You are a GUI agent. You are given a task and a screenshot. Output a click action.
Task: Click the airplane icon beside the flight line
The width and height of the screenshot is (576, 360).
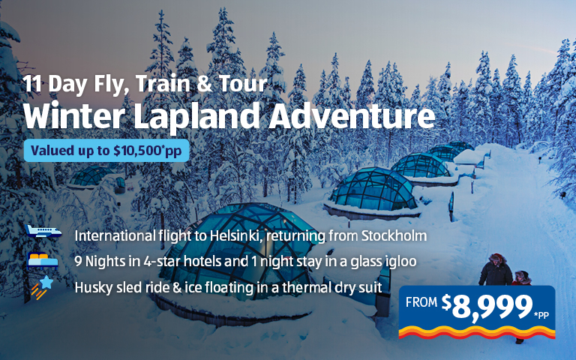point(43,232)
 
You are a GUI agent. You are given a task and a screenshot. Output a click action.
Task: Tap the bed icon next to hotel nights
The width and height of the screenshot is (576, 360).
point(43,260)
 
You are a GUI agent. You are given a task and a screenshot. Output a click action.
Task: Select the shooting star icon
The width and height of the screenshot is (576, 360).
point(42,287)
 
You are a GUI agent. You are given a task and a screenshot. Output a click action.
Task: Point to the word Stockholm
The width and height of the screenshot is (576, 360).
point(394,235)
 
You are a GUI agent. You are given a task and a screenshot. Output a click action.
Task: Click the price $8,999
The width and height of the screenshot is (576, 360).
point(487,306)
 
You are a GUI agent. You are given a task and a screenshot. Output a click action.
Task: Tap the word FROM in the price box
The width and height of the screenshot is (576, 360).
point(421,302)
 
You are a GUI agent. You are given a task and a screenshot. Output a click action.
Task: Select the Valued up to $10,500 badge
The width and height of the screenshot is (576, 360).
point(106,151)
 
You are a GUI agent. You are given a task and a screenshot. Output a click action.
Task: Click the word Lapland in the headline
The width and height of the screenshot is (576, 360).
point(196,116)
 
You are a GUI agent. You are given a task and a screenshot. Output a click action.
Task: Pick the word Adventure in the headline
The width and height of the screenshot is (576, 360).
point(352,115)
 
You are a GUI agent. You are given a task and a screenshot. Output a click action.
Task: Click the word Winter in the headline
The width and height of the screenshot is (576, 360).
point(73,115)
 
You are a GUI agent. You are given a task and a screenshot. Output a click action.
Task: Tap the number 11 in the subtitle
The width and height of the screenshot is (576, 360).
point(32,84)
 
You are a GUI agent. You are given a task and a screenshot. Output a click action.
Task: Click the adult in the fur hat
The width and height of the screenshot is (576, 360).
point(496,270)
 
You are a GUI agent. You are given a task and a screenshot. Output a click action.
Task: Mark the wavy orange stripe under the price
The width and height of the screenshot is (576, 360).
point(477,332)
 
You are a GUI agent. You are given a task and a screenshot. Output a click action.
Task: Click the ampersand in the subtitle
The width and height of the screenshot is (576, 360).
point(204,84)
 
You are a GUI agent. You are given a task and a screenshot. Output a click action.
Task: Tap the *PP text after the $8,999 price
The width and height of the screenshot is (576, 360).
point(541,316)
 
